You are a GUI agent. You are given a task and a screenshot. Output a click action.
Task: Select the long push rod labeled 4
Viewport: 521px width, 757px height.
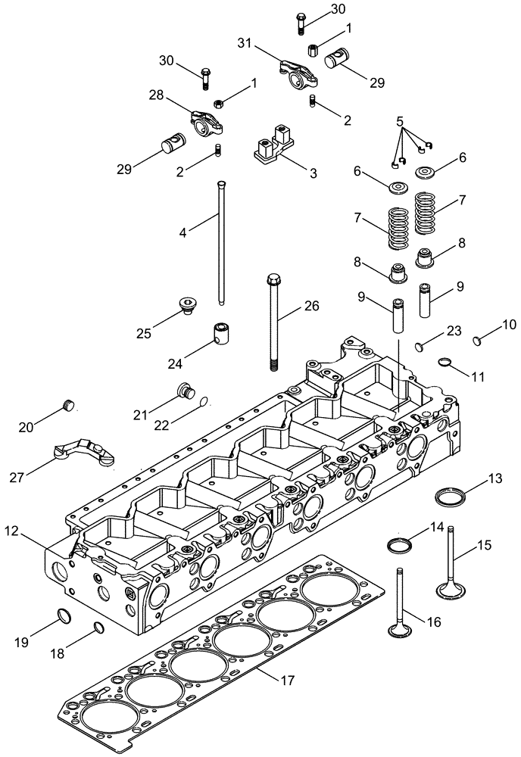[x=220, y=242]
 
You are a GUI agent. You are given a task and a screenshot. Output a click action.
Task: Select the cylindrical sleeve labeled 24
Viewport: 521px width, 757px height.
[x=220, y=334]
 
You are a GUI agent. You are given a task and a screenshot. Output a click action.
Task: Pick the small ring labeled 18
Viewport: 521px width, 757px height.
[x=98, y=625]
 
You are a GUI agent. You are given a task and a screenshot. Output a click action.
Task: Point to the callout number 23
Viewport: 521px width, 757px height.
[x=453, y=330]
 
